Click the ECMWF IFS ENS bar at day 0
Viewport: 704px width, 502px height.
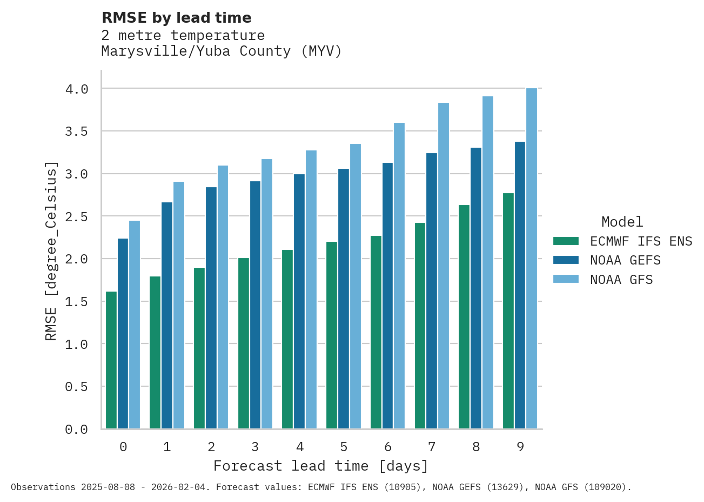pos(111,360)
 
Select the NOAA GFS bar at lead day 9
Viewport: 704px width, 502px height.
pos(532,259)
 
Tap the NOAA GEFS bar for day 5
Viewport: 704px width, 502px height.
pos(344,299)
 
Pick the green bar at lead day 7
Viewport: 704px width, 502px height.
pos(420,326)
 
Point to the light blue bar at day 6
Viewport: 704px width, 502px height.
pos(399,276)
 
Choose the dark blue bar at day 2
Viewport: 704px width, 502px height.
pos(211,308)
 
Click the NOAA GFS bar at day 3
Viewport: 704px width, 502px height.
pos(267,294)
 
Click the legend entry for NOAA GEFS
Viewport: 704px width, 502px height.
pos(625,260)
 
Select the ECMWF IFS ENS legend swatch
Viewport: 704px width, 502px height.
pos(566,241)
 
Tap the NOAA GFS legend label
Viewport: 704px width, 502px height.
pos(621,280)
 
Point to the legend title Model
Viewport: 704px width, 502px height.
pos(622,222)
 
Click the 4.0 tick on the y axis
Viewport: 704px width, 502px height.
pos(76,89)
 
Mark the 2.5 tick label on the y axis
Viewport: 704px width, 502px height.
pos(76,217)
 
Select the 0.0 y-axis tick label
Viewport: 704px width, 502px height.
pos(76,430)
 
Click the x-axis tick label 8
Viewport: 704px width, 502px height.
pos(476,447)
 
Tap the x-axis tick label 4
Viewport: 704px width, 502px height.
pos(300,447)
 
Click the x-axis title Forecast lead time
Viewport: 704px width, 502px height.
pos(320,466)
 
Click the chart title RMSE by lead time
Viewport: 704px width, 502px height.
pos(177,18)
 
